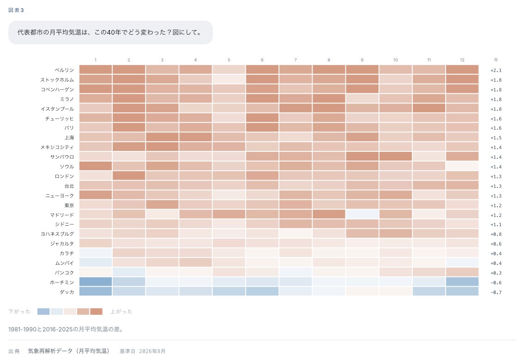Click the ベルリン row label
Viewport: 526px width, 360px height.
pyautogui.click(x=64, y=70)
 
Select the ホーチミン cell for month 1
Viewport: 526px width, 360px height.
pyautogui.click(x=96, y=282)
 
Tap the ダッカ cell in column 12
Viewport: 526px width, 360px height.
pyautogui.click(x=462, y=291)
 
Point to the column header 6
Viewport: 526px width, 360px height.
pyautogui.click(x=262, y=60)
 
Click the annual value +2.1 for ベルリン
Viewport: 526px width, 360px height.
pyautogui.click(x=496, y=71)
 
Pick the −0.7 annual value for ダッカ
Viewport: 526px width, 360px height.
pyautogui.click(x=496, y=292)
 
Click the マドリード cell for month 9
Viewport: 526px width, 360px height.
pyautogui.click(x=363, y=214)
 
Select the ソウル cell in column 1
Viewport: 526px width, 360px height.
pyautogui.click(x=96, y=166)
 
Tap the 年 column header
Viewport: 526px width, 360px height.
pyautogui.click(x=496, y=60)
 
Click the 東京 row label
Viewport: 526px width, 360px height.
pyautogui.click(x=69, y=205)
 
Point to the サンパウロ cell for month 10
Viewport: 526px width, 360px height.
pyautogui.click(x=395, y=156)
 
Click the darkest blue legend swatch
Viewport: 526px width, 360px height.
pyautogui.click(x=43, y=312)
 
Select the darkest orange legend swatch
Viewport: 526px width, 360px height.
pyautogui.click(x=96, y=312)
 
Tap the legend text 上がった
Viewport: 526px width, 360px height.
pyautogui.click(x=121, y=312)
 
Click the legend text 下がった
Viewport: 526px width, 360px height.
pyautogui.click(x=19, y=312)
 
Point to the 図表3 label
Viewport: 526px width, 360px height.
pyautogui.click(x=16, y=10)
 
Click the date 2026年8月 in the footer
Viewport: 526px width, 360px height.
pyautogui.click(x=152, y=351)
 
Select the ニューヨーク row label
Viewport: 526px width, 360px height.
pyautogui.click(x=60, y=195)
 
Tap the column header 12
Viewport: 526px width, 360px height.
pyautogui.click(x=462, y=60)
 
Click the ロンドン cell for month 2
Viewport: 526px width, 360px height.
pyautogui.click(x=129, y=176)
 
